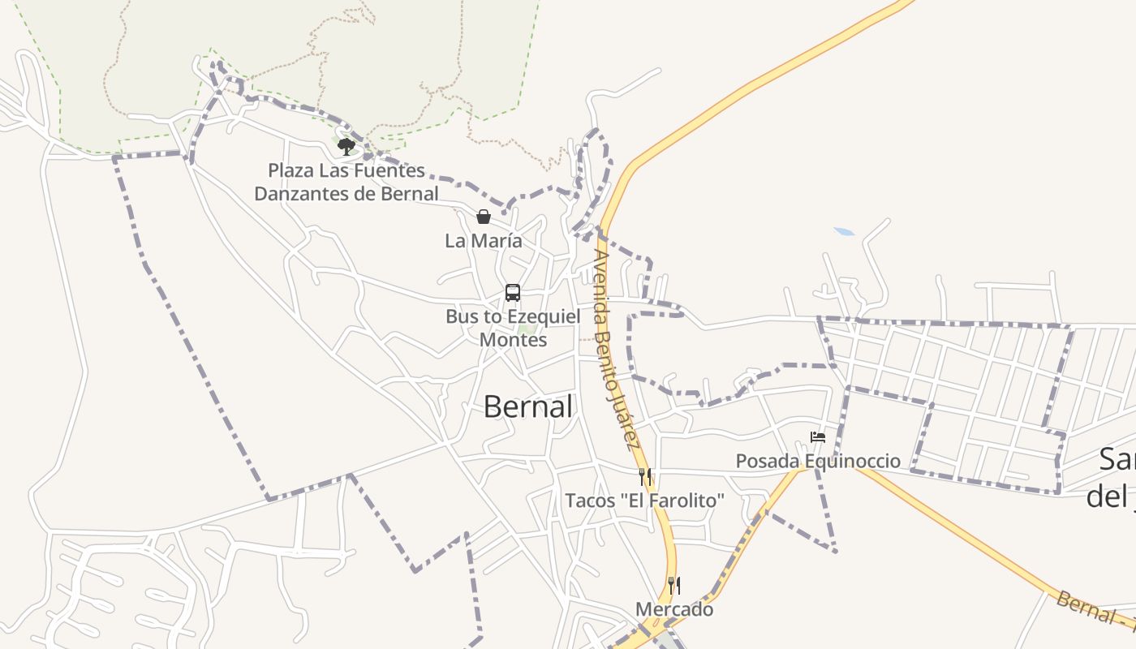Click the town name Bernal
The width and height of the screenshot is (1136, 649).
pyautogui.click(x=528, y=406)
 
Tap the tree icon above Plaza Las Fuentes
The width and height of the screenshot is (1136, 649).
pyautogui.click(x=346, y=147)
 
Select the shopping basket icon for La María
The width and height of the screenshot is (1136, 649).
pyautogui.click(x=484, y=217)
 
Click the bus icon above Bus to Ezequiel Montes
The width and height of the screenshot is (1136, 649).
pyautogui.click(x=513, y=293)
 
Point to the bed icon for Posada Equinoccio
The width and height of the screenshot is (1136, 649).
pyautogui.click(x=818, y=437)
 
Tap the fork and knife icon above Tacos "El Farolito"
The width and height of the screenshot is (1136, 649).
pyautogui.click(x=645, y=476)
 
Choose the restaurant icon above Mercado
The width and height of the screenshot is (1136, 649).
pyautogui.click(x=674, y=585)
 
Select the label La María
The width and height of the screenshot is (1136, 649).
pyautogui.click(x=484, y=241)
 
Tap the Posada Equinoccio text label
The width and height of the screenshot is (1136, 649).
pyautogui.click(x=818, y=462)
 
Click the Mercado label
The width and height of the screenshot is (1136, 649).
pyautogui.click(x=674, y=609)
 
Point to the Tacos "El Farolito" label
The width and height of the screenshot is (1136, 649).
pyautogui.click(x=644, y=501)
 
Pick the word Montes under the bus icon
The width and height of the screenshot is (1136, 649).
pyautogui.click(x=513, y=340)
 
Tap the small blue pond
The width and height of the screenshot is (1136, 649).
pyautogui.click(x=845, y=232)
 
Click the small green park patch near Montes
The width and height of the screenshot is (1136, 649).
pyautogui.click(x=527, y=329)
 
